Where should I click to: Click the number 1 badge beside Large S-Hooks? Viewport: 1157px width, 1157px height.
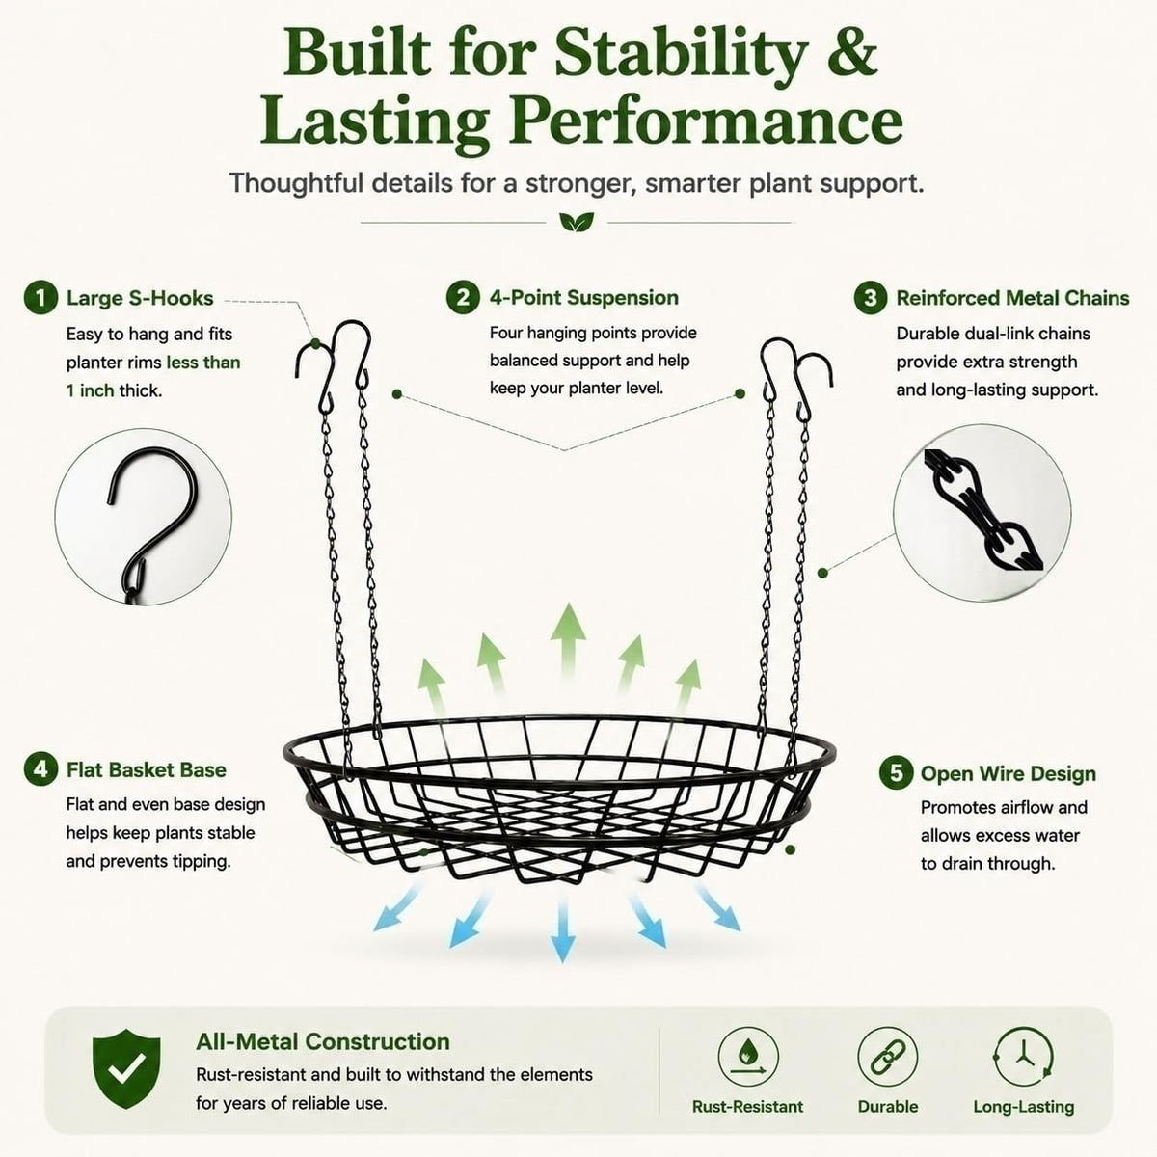[x=40, y=298]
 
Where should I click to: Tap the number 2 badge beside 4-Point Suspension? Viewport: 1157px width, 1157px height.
[x=463, y=297]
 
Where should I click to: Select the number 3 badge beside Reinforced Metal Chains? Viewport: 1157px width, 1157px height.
[x=871, y=298]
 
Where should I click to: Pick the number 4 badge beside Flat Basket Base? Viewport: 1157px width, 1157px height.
[x=40, y=769]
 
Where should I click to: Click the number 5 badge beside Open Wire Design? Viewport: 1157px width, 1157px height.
[x=896, y=772]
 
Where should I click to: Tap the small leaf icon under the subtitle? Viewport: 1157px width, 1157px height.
[x=577, y=222]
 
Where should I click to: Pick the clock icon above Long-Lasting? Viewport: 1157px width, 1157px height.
[x=1023, y=1058]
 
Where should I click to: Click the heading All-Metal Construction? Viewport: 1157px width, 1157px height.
[x=323, y=1041]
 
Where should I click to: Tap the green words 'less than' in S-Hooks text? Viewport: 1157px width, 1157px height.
[x=203, y=363]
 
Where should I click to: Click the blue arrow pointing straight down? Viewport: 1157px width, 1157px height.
[x=562, y=927]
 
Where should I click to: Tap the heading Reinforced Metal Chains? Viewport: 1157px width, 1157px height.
[x=1013, y=298]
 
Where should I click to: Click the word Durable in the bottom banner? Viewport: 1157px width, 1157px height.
[x=888, y=1107]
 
